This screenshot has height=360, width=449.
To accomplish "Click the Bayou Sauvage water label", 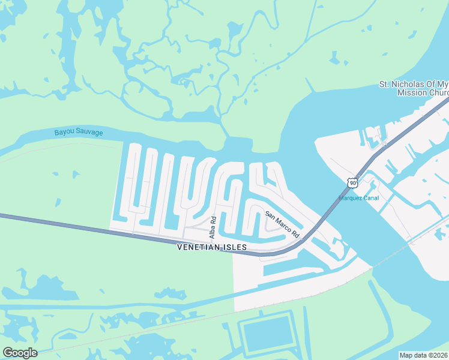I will (79, 132).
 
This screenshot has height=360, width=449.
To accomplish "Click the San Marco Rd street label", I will (282, 225).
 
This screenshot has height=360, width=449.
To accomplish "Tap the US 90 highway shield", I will (352, 182).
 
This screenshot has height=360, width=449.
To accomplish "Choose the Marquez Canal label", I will (359, 198).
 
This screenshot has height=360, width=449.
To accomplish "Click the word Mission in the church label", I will (412, 92).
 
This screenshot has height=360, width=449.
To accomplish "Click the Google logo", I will (20, 353).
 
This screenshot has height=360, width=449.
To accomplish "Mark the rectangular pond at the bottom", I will (268, 335).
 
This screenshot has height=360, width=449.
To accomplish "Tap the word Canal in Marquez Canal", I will (370, 198).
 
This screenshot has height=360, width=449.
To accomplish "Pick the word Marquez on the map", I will (351, 198).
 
